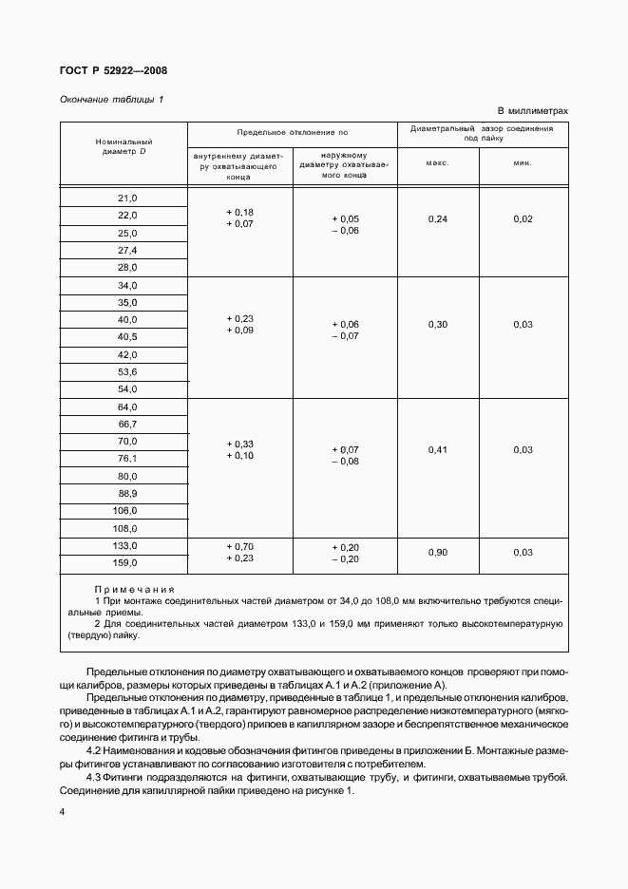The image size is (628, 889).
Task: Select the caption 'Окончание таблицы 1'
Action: coord(111,99)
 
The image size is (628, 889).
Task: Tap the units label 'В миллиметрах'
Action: coord(532,111)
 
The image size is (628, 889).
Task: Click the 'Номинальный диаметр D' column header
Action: coord(124,146)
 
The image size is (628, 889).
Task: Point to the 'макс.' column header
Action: coord(437,162)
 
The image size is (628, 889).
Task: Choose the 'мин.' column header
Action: coord(523,162)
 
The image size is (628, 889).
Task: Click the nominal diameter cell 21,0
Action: coord(127,198)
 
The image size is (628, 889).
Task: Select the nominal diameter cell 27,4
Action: coord(127,250)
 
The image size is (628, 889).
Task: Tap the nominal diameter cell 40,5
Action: coord(127,336)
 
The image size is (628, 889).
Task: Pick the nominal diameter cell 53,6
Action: coord(127,371)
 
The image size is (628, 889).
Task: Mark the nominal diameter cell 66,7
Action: coord(127,424)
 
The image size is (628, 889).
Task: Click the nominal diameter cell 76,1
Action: coord(127,458)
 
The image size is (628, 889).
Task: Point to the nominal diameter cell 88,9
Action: coord(127,493)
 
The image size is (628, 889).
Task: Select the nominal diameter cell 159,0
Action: coord(127,562)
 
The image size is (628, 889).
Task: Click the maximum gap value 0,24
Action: coord(437,219)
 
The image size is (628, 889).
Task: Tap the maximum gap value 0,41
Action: coord(437,449)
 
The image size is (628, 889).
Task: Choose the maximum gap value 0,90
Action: coord(437,552)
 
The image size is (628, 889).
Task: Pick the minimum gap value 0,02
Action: coord(523,219)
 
